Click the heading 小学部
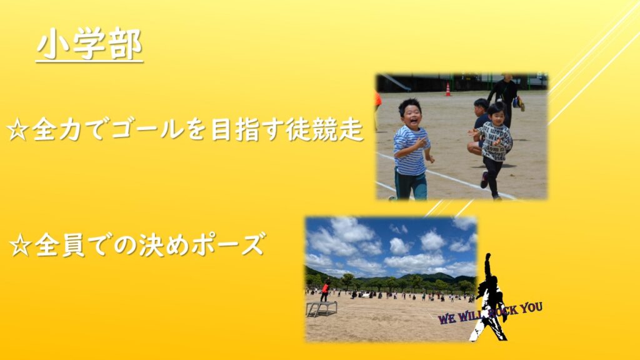coord(89,44)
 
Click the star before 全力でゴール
coord(18,131)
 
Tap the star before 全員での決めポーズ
coord(21,245)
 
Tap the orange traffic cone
coord(448,89)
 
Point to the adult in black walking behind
coord(505,98)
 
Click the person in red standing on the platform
coord(325,291)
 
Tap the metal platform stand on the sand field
coord(322,309)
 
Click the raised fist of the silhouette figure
coord(487,257)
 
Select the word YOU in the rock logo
coord(531,307)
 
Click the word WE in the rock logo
coord(447,318)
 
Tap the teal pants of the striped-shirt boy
coord(411,185)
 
